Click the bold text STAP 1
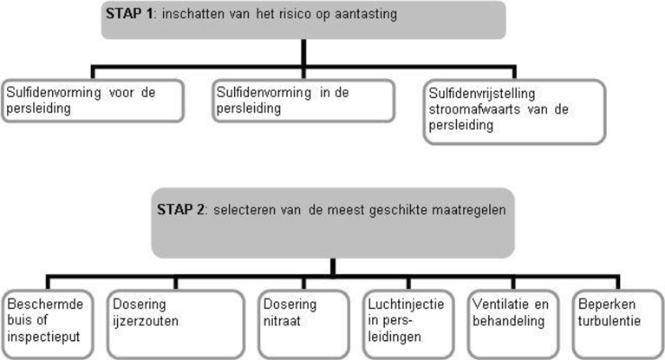[129, 14]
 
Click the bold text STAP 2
[180, 209]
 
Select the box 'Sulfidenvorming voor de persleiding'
[93, 101]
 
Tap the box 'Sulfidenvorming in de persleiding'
[303, 101]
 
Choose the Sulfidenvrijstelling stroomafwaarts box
[514, 112]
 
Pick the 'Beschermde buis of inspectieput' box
[47, 324]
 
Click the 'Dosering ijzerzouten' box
[176, 324]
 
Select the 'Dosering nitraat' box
[303, 324]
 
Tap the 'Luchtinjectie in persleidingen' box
[408, 324]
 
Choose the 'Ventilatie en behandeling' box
[513, 324]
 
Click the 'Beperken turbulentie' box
[618, 324]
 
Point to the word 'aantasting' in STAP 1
[366, 14]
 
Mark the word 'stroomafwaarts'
[474, 109]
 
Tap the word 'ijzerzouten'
[146, 321]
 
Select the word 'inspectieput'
[43, 337]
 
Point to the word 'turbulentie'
[609, 320]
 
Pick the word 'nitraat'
[282, 320]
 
